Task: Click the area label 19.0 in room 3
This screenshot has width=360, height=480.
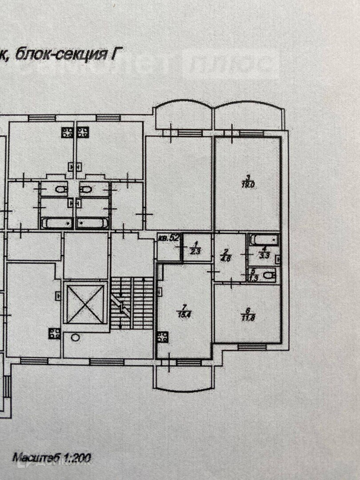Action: click(248, 186)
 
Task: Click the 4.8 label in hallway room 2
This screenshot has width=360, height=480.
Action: click(228, 258)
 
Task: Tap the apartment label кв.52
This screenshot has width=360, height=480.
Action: click(169, 238)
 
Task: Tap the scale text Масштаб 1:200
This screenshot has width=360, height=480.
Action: click(51, 456)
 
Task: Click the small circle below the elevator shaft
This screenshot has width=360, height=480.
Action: click(76, 338)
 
